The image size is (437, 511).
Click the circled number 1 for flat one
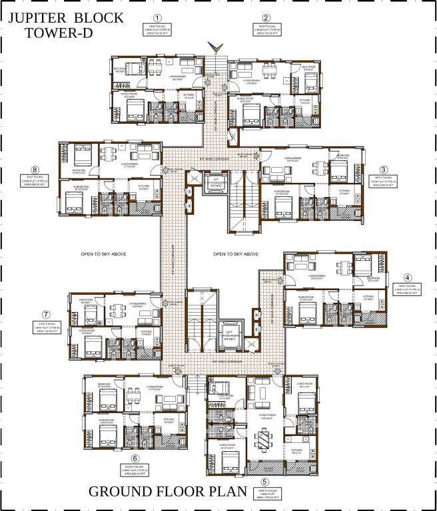[x=157, y=18]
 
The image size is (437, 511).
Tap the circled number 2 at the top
[x=266, y=18]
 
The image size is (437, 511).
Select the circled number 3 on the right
[x=384, y=169]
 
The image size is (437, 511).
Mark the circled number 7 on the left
[x=46, y=314]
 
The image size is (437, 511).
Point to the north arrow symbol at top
[x=214, y=47]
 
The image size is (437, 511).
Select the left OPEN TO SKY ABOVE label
[x=103, y=254]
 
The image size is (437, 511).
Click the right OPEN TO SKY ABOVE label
[x=236, y=254]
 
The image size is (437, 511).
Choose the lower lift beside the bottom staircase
[x=230, y=332]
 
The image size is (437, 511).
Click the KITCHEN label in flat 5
[x=296, y=450]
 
